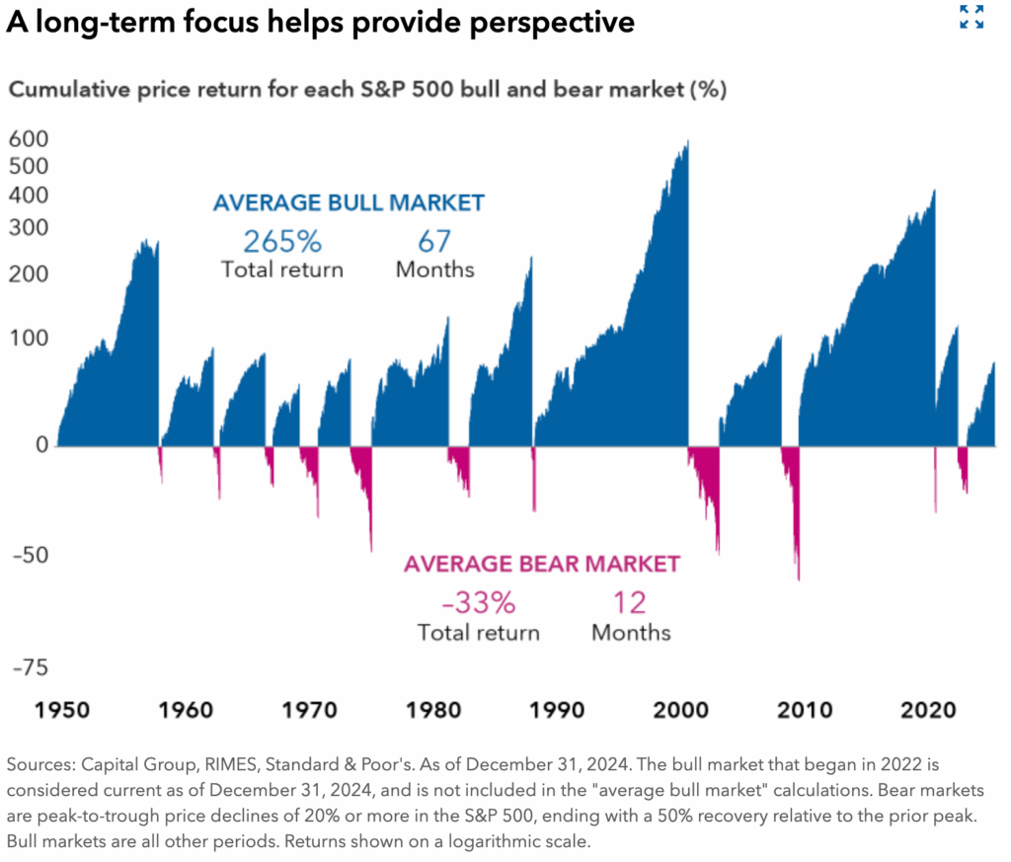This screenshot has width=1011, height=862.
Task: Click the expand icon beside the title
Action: pos(972,17)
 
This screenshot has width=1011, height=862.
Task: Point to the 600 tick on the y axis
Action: pos(29,139)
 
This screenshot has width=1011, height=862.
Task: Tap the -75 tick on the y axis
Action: pos(30,667)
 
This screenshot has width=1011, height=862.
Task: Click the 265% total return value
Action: pos(282,241)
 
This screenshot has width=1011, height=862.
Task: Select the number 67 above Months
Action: pos(434,241)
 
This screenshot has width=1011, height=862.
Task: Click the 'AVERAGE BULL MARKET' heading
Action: pos(349,203)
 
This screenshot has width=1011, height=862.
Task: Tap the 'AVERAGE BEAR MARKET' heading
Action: pos(542,564)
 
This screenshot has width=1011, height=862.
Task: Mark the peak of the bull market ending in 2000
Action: pos(687,141)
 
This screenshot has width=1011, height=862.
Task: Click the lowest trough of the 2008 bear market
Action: pos(798,579)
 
